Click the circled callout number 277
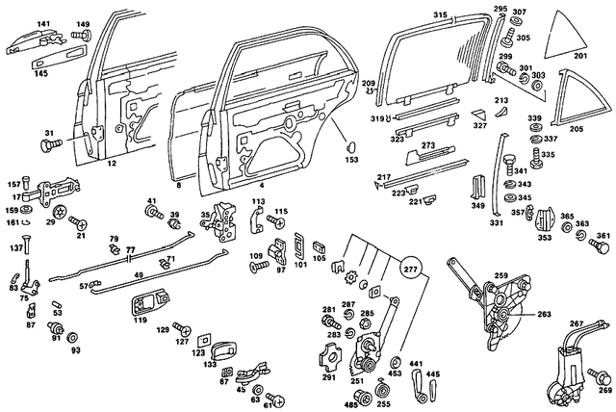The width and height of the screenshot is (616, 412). pos(412,269)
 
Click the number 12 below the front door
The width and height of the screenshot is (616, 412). pos(112,166)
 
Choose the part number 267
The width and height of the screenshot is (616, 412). pos(577,324)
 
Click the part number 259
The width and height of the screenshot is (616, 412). pos(500,276)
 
